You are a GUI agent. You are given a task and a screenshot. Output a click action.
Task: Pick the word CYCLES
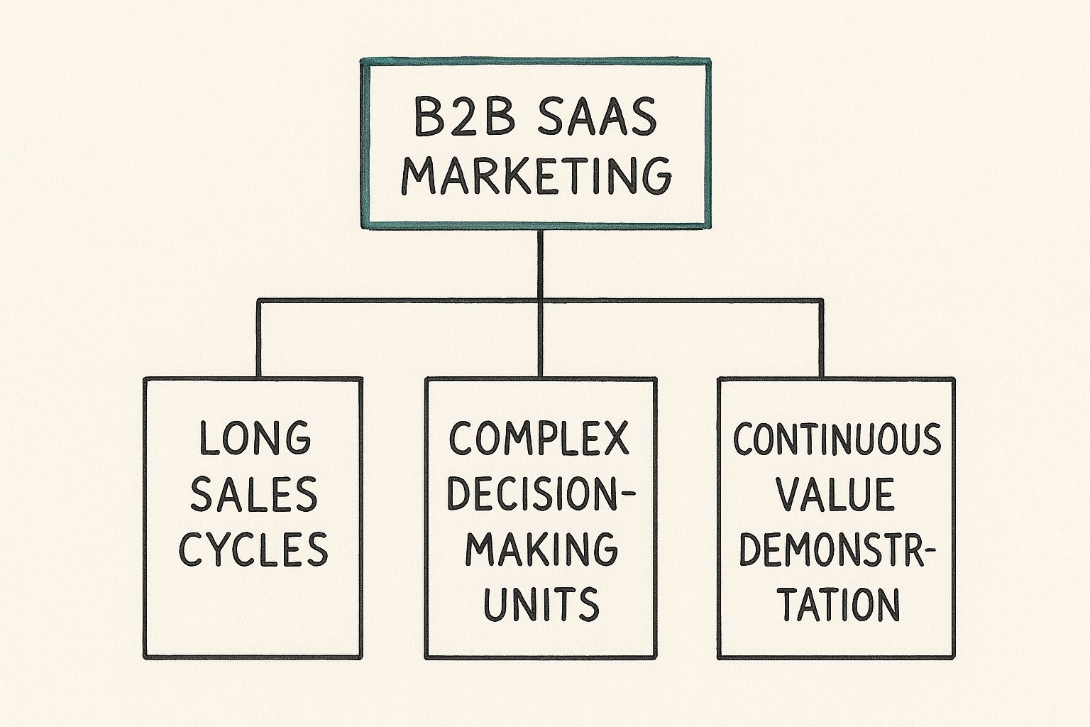tap(253, 548)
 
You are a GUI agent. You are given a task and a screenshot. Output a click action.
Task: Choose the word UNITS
tap(541, 603)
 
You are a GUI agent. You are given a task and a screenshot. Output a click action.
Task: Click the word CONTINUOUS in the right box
tap(837, 439)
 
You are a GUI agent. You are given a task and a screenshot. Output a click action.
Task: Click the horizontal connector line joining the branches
tap(397, 301)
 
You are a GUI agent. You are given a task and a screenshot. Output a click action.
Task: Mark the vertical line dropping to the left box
tap(258, 339)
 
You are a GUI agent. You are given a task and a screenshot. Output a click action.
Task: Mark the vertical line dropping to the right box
tap(822, 339)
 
